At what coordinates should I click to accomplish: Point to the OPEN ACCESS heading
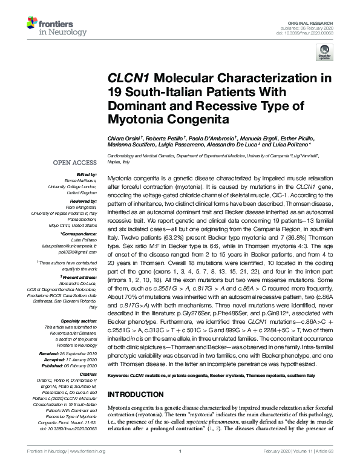[76, 163]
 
